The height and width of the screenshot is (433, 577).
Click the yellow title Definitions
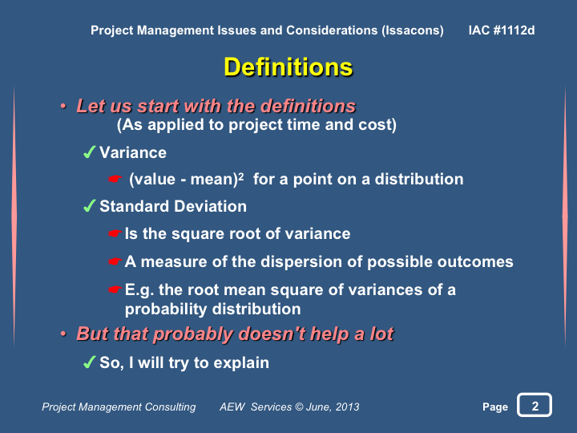(x=288, y=67)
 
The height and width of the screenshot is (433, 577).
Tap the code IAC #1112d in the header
(x=502, y=30)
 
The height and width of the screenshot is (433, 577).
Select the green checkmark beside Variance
(x=90, y=152)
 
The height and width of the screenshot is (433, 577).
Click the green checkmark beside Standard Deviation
(x=90, y=205)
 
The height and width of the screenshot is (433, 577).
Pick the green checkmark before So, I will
(x=90, y=362)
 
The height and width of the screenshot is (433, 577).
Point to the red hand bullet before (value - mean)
(x=115, y=179)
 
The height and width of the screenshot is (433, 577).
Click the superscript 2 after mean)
(x=240, y=176)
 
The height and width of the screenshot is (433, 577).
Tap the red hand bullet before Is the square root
(x=115, y=233)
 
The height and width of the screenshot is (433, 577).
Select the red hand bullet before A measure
(x=115, y=261)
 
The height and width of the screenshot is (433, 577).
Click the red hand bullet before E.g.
(x=115, y=289)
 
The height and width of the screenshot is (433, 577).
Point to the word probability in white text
(x=166, y=310)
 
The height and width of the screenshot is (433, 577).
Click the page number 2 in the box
(x=535, y=406)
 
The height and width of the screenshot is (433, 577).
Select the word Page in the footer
(x=495, y=407)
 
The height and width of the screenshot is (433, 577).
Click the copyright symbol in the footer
(x=299, y=407)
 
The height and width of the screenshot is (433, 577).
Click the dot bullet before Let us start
(x=63, y=107)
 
